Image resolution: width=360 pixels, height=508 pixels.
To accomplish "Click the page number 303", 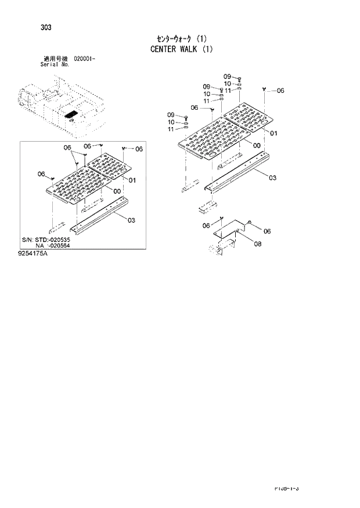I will pyautogui.click(x=45, y=27).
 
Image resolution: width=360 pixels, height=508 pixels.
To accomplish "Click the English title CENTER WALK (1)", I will pyautogui.click(x=182, y=49).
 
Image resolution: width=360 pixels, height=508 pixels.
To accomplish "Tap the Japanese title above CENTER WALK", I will pyautogui.click(x=182, y=38).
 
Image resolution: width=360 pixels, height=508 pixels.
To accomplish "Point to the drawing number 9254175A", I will pyautogui.click(x=33, y=253).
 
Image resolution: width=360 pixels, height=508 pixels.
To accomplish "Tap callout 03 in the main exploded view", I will pyautogui.click(x=272, y=178).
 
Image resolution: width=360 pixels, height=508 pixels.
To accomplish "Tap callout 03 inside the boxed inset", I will pyautogui.click(x=131, y=220).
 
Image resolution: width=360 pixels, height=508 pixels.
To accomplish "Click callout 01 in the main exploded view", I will pyautogui.click(x=274, y=133).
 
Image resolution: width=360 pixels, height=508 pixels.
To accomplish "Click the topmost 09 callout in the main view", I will pyautogui.click(x=227, y=77).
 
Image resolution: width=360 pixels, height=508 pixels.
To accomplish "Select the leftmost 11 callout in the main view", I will pyautogui.click(x=171, y=129).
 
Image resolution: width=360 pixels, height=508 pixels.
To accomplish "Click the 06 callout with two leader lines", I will pyautogui.click(x=67, y=147).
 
